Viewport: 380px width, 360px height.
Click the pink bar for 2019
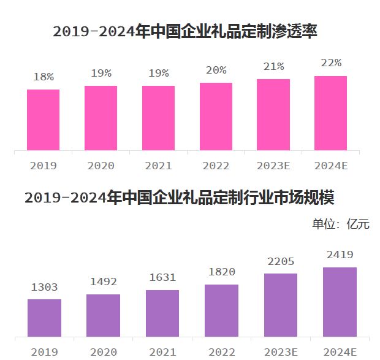point(43,120)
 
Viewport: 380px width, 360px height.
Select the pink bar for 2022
point(216,117)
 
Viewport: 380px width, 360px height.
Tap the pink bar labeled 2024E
point(330,113)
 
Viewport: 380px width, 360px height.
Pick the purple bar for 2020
point(103,315)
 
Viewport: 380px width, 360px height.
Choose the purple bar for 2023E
point(281,305)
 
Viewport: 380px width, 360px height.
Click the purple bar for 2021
point(162,313)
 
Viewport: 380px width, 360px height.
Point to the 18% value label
point(44,77)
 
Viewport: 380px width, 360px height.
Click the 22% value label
point(331,63)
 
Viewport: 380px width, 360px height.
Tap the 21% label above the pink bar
point(273,66)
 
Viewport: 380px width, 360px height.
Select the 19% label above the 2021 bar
point(158,73)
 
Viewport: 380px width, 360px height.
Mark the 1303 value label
point(44,287)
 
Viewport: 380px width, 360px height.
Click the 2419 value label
point(340,255)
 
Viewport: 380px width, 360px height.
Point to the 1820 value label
point(221,272)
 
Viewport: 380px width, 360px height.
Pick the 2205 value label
point(281,261)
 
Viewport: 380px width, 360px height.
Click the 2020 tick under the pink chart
point(101,166)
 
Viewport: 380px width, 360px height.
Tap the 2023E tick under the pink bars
point(273,166)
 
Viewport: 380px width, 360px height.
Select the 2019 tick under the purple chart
point(44,352)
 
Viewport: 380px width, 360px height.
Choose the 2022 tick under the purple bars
point(221,352)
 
